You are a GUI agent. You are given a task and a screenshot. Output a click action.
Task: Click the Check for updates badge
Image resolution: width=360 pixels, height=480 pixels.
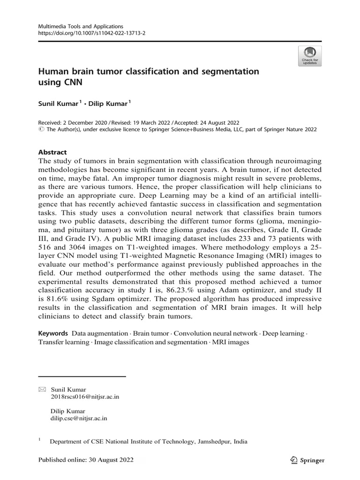pos(309,56)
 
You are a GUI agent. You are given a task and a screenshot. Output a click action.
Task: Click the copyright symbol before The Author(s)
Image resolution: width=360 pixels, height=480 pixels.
pos(41,129)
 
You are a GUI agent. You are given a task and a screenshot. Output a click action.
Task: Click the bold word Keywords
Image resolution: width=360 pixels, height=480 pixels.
pos(53,333)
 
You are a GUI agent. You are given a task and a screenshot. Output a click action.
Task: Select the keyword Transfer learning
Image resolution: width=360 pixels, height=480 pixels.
pos(63,342)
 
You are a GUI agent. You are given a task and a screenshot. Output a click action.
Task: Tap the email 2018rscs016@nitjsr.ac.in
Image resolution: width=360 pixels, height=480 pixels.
pos(84,397)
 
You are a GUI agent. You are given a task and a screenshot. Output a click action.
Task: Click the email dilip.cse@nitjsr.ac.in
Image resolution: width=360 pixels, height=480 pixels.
pos(78,418)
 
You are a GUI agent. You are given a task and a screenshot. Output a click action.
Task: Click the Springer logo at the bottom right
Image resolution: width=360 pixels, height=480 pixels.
pos(307,460)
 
